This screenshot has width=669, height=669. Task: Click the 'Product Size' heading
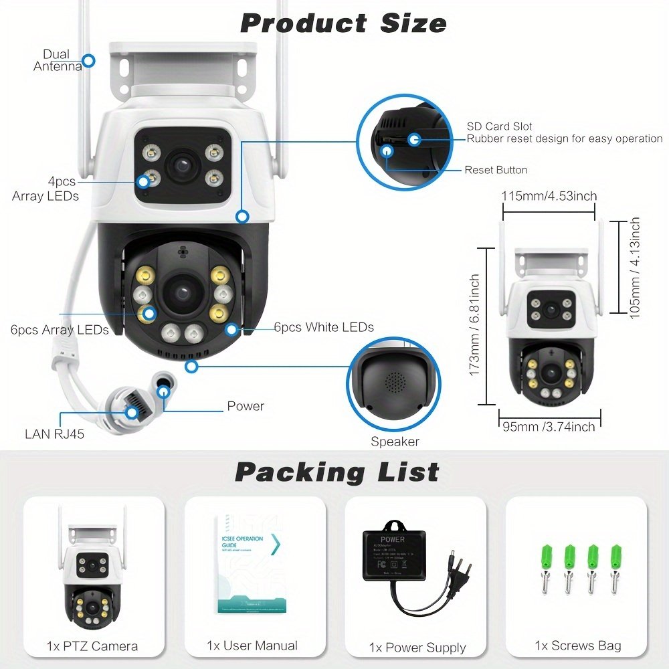(343, 23)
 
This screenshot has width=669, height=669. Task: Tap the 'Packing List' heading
(337, 472)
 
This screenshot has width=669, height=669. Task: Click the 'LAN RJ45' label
(55, 434)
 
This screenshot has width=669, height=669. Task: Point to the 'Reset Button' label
(496, 170)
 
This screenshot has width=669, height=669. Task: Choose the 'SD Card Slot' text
(500, 126)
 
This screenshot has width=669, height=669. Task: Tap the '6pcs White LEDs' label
(324, 327)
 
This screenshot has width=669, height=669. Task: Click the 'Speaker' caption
(395, 442)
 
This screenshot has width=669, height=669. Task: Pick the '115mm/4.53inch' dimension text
(549, 196)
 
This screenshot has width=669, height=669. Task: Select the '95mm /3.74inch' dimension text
(548, 427)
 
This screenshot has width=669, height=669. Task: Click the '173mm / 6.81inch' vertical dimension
(475, 325)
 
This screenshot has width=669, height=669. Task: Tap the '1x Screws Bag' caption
(577, 646)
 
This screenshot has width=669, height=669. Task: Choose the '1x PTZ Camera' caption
(92, 646)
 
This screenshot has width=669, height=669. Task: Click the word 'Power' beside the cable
(246, 406)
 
